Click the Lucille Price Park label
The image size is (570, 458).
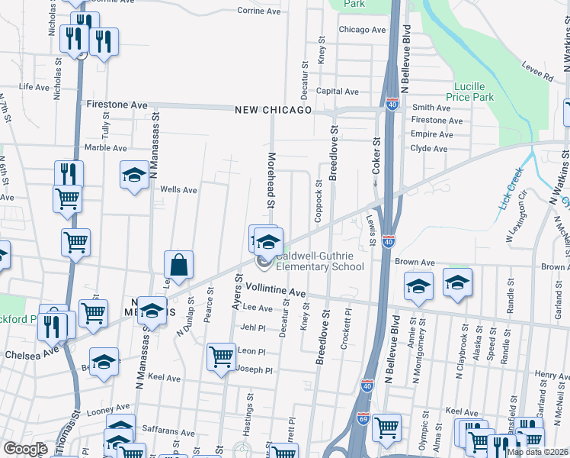(473, 92)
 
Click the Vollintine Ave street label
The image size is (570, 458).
(275, 293)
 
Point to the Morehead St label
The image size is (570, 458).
(270, 180)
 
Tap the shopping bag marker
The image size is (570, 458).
(178, 266)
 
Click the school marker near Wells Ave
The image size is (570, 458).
(134, 176)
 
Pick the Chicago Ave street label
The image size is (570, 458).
(363, 30)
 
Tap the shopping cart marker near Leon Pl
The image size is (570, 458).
(221, 356)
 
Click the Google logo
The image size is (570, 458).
(25, 449)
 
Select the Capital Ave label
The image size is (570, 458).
(337, 92)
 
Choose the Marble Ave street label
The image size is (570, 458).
(105, 147)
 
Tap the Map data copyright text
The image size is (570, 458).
(536, 452)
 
